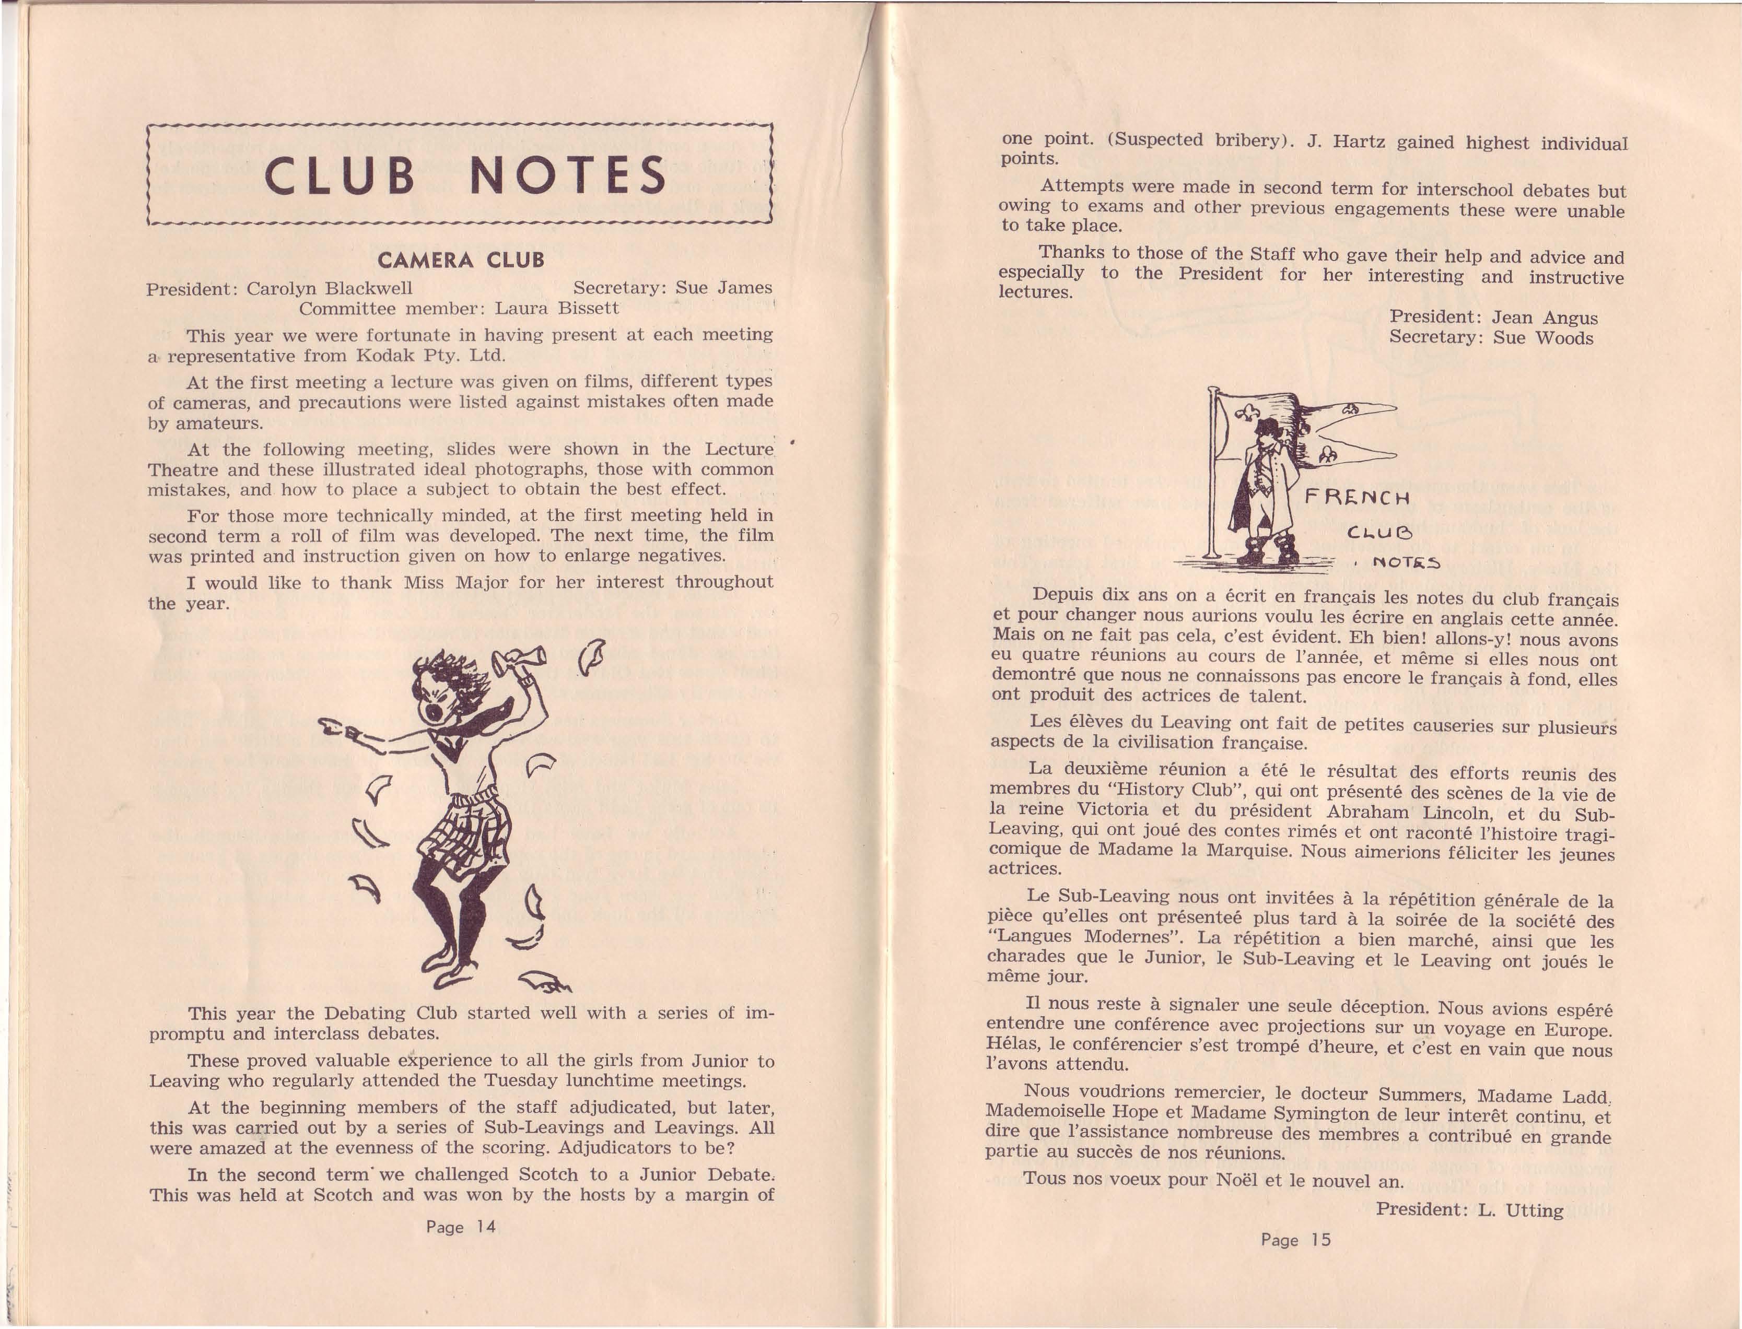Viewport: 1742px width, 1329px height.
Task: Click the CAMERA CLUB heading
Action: (x=460, y=260)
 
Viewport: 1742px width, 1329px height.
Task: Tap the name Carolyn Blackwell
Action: (x=329, y=289)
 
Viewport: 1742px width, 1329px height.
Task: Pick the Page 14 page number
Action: (x=460, y=1227)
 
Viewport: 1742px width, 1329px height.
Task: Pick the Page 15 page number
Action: (x=1296, y=1240)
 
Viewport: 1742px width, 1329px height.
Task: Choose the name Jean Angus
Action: (x=1544, y=318)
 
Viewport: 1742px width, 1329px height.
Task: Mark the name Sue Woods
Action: (x=1544, y=338)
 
